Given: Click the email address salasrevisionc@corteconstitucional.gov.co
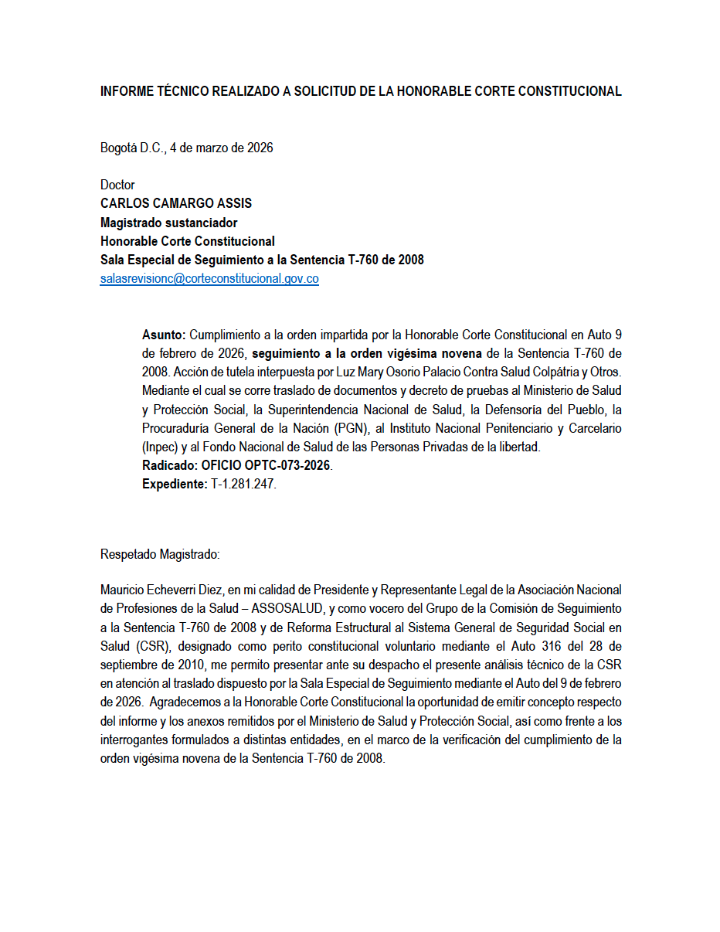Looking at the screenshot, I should (209, 280).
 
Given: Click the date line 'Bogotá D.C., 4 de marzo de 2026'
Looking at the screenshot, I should (186, 148).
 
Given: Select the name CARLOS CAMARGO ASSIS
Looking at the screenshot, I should (176, 204).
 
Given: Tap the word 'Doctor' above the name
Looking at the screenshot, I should (117, 185).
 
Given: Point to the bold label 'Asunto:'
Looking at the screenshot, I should (164, 335).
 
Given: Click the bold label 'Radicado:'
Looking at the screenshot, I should (170, 466).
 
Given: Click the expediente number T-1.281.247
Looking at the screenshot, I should (244, 485).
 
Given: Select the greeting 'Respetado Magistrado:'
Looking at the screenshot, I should (160, 554).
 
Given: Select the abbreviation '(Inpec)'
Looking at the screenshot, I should (160, 447).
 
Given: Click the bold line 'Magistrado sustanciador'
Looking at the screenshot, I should (168, 223).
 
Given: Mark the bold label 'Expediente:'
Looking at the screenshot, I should (175, 485).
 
